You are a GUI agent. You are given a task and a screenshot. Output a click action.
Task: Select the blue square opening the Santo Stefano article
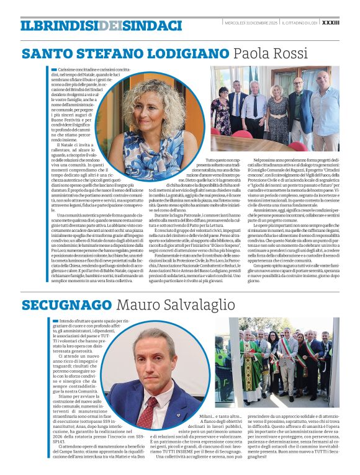[55, 69]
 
